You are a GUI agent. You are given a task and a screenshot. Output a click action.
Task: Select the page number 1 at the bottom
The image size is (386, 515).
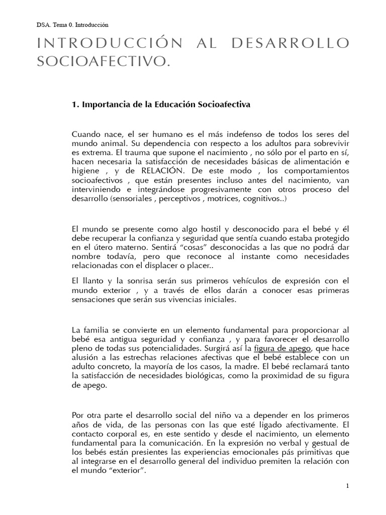point(347,486)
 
